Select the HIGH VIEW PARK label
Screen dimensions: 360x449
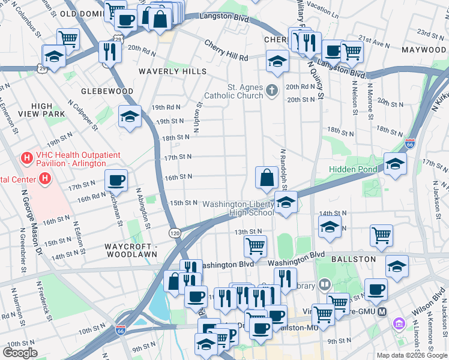[42, 110]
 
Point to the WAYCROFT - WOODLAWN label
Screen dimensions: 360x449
[131, 250]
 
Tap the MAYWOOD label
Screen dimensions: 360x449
[425, 49]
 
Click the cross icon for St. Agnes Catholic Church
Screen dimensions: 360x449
[272, 91]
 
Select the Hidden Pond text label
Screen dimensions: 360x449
[353, 169]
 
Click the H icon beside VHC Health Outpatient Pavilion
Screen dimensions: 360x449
[26, 158]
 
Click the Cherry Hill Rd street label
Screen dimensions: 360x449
[226, 50]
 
